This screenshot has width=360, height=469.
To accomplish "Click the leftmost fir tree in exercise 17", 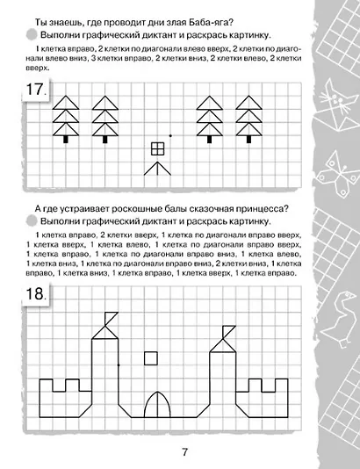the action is pyautogui.click(x=66, y=119).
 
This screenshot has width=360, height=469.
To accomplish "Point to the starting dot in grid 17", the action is pyautogui.click(x=170, y=134).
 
